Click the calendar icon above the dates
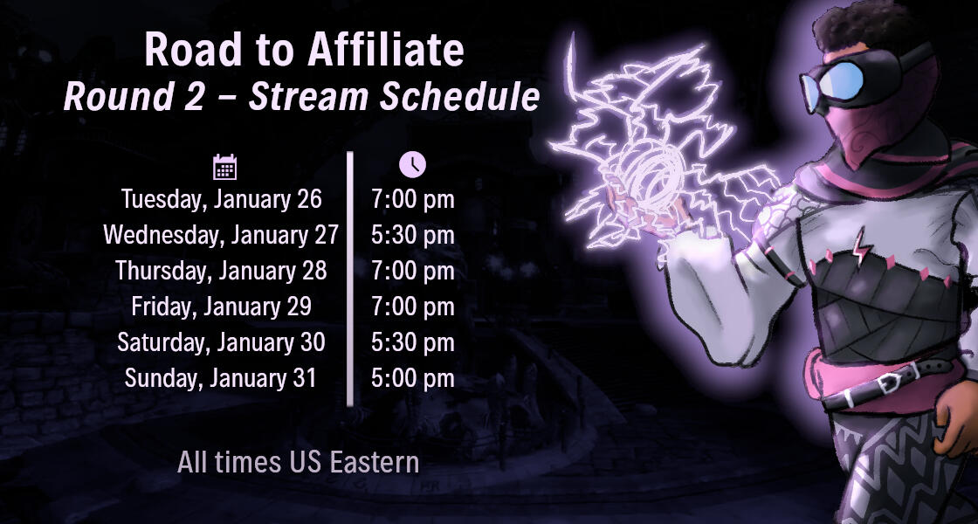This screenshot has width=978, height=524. coord(225,167)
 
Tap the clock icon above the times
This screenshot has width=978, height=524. coord(412,163)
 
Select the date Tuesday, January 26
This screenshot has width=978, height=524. coord(222,199)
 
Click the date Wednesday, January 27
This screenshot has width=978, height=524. coord(221,235)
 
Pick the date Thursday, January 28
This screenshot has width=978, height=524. coord(222,271)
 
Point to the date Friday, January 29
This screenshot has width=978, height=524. coord(222,307)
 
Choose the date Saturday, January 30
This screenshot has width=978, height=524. coord(222,342)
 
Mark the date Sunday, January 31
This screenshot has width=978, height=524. coord(221,378)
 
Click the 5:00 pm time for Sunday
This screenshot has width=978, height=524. coord(413,378)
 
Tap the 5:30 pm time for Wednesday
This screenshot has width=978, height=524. coord(413,235)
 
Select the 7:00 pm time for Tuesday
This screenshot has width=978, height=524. coord(413,199)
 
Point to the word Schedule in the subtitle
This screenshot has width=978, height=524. coord(466,97)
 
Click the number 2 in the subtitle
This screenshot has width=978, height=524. coord(193,97)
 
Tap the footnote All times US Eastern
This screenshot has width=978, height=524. coord(298,461)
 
